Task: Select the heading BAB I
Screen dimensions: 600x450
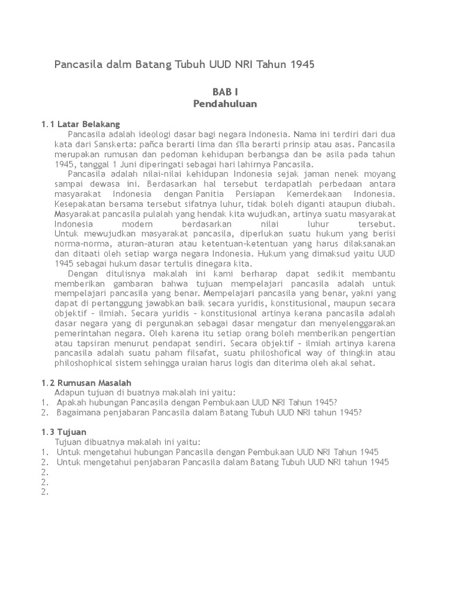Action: coord(224,92)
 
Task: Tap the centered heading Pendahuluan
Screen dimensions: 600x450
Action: coord(225,104)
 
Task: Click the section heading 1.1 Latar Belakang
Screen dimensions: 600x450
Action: coord(80,124)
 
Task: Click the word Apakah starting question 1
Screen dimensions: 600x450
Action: coord(73,403)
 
